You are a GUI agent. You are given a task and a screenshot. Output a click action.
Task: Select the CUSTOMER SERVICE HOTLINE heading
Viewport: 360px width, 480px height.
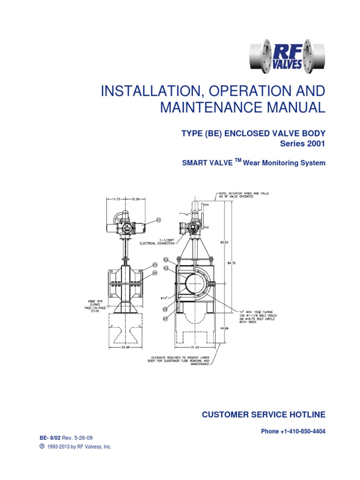pos(263,414)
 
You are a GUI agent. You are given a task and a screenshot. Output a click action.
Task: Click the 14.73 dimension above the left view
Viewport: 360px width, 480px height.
pos(116,200)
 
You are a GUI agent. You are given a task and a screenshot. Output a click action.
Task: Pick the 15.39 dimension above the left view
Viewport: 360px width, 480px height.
pos(134,200)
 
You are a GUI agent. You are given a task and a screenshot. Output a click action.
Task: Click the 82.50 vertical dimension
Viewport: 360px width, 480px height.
pos(224,242)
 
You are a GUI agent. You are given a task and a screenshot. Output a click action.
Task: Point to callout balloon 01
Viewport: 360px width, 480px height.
pos(158,219)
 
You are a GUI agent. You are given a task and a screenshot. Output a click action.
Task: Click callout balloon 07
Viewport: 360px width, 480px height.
pos(165,319)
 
